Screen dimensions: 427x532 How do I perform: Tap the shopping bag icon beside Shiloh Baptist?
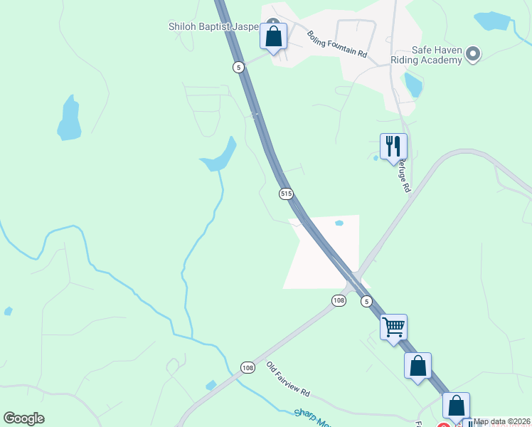(273, 36)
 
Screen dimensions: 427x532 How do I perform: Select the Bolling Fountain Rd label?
(336, 44)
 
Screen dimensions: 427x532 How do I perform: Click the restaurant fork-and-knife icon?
(393, 147)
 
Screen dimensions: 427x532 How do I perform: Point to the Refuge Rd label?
(403, 175)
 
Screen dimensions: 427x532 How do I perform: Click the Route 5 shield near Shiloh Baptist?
(238, 67)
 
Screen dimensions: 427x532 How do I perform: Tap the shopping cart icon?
(393, 327)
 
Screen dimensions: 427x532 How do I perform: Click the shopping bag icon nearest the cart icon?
(417, 366)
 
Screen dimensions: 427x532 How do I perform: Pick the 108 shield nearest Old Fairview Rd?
(247, 367)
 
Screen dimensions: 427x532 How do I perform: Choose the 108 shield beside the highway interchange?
(339, 301)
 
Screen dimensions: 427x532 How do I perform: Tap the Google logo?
(23, 418)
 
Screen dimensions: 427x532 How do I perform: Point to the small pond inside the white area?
(339, 223)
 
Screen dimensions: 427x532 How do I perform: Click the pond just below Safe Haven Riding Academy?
(413, 85)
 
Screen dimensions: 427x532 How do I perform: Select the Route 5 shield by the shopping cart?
(366, 301)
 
